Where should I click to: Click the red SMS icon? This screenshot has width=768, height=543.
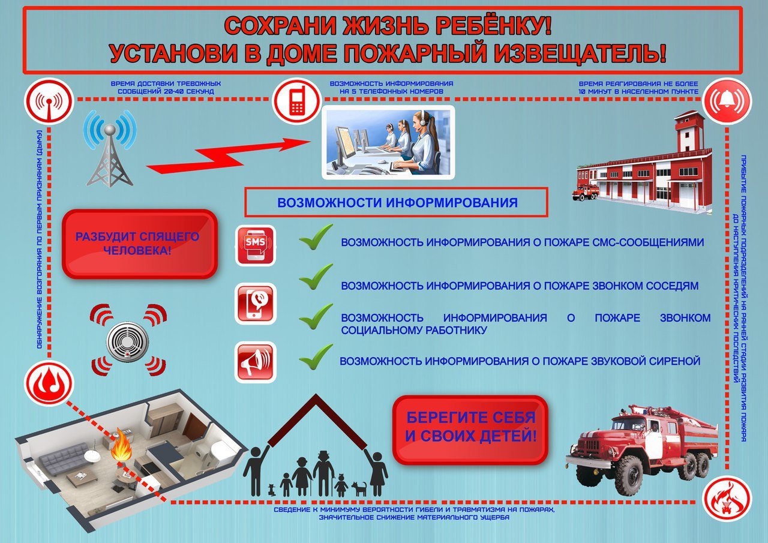(256, 245)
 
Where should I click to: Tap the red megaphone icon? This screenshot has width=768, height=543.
(256, 362)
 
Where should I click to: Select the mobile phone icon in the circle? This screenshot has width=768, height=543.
(297, 100)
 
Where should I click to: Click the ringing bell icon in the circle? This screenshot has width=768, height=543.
(727, 101)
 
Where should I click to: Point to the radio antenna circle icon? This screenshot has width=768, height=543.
(49, 101)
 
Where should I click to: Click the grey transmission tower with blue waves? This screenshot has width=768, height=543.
(110, 148)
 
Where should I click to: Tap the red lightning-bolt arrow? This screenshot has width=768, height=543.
(229, 156)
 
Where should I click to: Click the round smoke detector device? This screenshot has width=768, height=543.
(127, 342)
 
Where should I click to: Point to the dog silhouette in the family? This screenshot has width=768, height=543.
(359, 488)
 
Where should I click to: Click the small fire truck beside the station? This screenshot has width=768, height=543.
(585, 191)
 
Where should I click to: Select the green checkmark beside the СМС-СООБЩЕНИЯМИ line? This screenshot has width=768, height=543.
(316, 236)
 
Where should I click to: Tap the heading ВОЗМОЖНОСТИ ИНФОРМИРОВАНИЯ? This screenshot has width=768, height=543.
(397, 203)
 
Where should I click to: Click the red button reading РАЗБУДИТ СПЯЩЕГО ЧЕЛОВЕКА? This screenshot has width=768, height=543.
(140, 244)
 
